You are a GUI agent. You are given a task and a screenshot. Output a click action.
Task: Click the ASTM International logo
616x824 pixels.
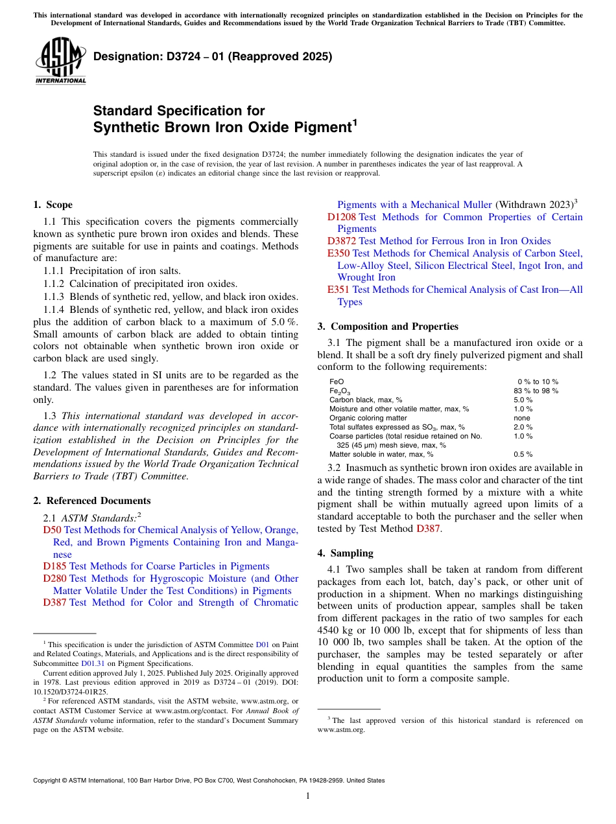click(60, 60)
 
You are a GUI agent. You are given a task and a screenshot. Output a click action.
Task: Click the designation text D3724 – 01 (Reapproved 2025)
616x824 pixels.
click(212, 56)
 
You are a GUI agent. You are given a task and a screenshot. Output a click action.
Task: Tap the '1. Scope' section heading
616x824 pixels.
click(53, 205)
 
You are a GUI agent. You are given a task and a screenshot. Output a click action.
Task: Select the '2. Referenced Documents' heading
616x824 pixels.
click(91, 501)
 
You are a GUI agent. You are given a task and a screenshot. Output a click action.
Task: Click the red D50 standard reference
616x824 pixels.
click(52, 530)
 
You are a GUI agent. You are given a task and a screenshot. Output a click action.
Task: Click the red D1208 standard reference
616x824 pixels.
click(341, 217)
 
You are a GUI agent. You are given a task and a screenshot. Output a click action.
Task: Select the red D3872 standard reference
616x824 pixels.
click(341, 241)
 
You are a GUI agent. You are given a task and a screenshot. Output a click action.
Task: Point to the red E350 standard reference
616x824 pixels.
click(338, 253)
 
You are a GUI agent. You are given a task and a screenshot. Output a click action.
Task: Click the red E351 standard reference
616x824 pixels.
click(338, 290)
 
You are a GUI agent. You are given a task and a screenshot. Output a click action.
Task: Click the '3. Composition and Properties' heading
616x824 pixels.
click(388, 326)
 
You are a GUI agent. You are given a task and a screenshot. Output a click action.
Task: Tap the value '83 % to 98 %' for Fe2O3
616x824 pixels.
click(536, 391)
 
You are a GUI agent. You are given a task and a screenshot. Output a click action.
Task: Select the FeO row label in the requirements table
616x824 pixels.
click(337, 382)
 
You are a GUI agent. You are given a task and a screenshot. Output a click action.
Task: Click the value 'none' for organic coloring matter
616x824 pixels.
click(522, 418)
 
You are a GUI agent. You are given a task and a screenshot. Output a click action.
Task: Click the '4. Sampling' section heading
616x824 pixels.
click(345, 553)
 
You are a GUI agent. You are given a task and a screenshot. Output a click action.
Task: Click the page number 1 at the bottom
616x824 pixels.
click(308, 796)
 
